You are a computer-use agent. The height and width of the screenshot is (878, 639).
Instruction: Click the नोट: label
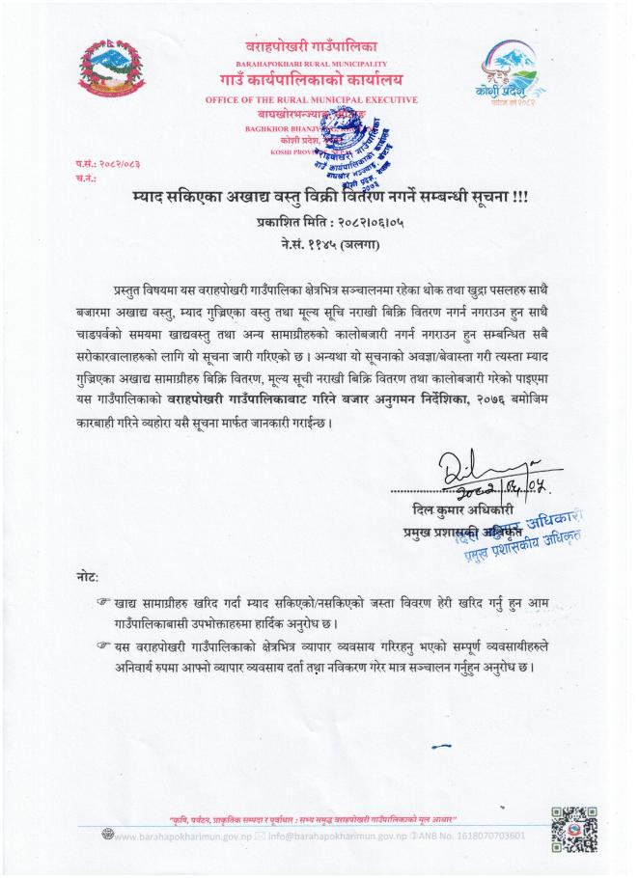click(87, 576)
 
